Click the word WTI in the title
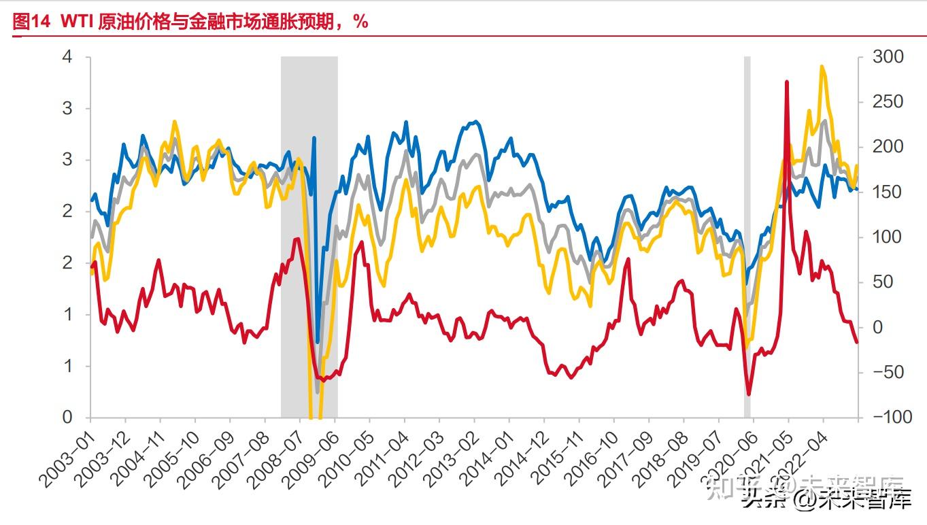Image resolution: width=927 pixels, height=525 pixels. [x=76, y=22]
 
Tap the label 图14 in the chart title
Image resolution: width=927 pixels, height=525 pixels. [x=31, y=22]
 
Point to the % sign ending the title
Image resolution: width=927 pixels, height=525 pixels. [x=360, y=22]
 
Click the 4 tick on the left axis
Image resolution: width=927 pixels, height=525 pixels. [x=67, y=57]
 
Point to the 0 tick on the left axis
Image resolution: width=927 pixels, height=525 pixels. [x=67, y=418]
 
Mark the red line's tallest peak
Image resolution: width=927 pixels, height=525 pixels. [x=787, y=82]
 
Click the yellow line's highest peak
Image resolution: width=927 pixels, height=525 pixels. [x=822, y=67]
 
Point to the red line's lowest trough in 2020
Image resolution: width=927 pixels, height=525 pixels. [x=749, y=394]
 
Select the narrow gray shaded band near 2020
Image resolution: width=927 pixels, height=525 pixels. [x=747, y=238]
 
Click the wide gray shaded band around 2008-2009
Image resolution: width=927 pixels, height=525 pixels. [x=309, y=238]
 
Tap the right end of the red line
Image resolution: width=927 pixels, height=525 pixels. [x=856, y=342]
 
